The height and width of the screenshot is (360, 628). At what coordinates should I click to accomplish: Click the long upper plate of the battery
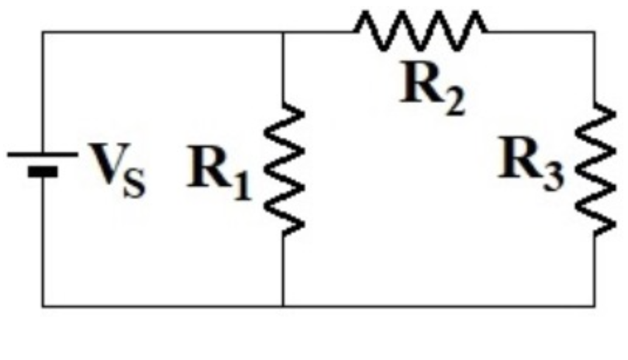[43, 154]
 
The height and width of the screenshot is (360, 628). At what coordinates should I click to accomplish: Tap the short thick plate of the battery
[43, 170]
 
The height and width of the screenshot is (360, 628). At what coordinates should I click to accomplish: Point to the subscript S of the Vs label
[134, 187]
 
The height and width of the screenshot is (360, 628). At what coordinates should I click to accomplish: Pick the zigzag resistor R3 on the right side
[595, 169]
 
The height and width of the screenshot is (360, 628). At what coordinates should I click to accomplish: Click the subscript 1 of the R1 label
[243, 187]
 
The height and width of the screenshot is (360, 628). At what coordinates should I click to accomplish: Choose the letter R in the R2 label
[421, 85]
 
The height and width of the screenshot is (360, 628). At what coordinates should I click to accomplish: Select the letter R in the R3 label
[519, 158]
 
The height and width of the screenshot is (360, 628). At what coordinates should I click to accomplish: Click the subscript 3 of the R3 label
[553, 178]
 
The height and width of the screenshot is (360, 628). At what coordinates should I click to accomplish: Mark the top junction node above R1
[284, 33]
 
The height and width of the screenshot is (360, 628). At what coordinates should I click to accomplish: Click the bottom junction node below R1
[284, 306]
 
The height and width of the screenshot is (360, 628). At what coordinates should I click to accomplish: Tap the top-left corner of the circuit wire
[43, 33]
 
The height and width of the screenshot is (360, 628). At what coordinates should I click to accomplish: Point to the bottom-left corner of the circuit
[43, 306]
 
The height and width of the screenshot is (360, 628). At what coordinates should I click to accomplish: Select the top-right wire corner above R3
[595, 33]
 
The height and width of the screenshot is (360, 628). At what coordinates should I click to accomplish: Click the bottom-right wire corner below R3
[595, 306]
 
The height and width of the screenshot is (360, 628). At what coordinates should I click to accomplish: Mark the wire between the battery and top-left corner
[43, 93]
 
